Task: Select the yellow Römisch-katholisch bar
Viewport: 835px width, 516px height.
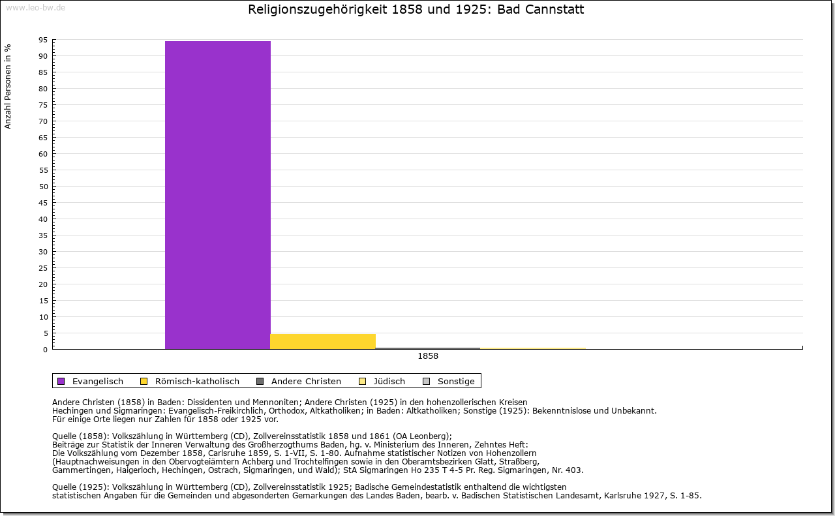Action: pos(322,341)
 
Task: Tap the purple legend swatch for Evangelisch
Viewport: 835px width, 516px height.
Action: pos(61,381)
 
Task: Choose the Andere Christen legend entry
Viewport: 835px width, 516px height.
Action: pos(306,381)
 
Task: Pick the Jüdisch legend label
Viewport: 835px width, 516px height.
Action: pos(388,381)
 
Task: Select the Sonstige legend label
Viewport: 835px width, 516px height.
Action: pos(456,381)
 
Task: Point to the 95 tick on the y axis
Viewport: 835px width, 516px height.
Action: pos(42,40)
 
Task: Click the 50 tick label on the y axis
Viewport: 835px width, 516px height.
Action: pos(42,187)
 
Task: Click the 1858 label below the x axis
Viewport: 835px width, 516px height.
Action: pos(428,356)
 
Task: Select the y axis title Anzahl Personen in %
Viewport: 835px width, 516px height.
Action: pos(8,86)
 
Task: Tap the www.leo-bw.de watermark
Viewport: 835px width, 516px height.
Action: pos(35,7)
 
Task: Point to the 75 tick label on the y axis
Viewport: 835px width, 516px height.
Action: pos(42,105)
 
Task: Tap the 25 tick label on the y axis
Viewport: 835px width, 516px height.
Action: pos(42,268)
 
